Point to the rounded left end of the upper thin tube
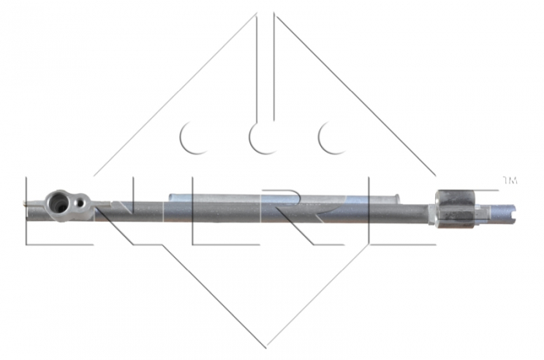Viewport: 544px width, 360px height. tap(169, 197)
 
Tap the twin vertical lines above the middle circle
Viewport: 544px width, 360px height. tap(266, 62)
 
